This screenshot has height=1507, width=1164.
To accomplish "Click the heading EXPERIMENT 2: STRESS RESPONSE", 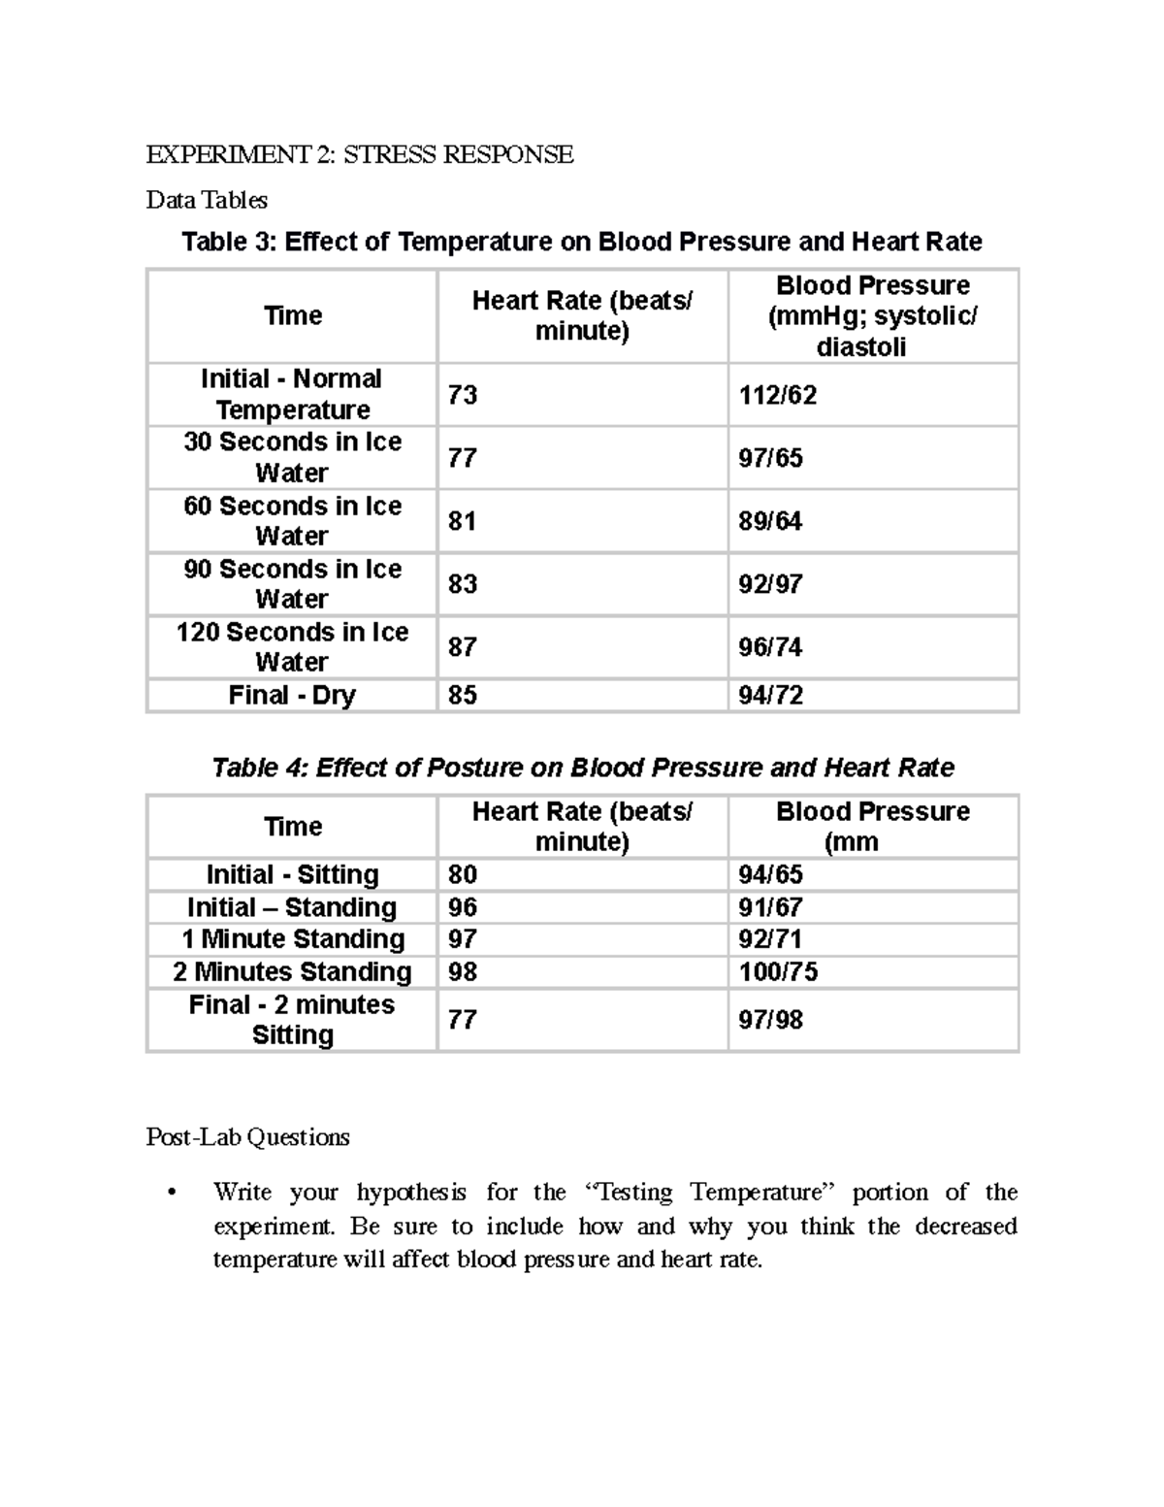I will click(359, 154).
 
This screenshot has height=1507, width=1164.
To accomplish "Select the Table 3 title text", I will click(581, 242).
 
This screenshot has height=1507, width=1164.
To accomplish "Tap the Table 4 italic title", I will click(582, 768).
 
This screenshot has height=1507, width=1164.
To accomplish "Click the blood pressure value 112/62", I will click(777, 395).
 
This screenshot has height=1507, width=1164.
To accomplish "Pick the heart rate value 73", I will click(462, 395).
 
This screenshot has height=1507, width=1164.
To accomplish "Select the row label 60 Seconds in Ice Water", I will click(292, 521).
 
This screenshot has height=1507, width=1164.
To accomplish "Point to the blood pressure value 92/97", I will click(770, 584).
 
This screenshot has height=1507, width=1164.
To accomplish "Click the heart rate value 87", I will click(462, 647).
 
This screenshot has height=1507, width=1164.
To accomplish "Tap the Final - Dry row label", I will click(292, 695).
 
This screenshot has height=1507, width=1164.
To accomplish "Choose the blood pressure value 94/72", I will click(770, 695).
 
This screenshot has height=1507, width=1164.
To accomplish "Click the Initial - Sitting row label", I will click(292, 874).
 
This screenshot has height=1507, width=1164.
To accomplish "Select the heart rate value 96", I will click(462, 907).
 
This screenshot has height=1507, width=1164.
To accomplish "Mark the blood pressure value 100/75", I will click(777, 971).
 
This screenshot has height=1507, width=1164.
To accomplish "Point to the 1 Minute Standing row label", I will click(292, 939).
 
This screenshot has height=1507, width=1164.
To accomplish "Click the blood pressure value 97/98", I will click(770, 1020).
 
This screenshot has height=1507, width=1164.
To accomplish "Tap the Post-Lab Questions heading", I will click(247, 1136).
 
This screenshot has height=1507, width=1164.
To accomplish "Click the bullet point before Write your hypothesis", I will click(172, 1194).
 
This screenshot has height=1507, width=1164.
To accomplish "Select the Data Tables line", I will click(207, 200).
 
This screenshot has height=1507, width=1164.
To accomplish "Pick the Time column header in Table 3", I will click(292, 315).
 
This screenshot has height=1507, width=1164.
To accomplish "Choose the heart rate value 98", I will click(462, 971).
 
